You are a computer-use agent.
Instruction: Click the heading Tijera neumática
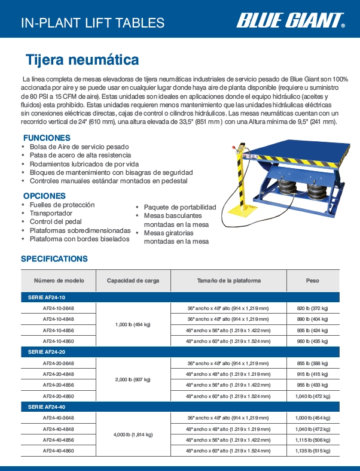82,60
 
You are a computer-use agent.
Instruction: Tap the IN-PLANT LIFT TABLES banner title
93,23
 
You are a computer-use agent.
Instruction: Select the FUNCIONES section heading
47,137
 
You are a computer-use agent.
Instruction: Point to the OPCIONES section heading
44,196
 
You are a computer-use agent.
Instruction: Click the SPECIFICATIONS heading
54,259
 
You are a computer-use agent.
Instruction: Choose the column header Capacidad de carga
133,280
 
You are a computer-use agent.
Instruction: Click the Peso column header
312,280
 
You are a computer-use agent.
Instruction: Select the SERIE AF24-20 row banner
47,352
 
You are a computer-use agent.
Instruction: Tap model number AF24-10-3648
59,308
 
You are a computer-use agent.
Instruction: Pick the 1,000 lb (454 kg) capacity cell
133,324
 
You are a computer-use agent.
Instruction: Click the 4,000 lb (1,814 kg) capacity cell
133,434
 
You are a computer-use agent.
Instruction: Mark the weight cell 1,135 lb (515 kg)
312,450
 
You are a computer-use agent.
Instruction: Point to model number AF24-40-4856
59,439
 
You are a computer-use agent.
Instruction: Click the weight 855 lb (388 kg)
312,363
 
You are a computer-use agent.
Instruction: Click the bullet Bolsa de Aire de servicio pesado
79,147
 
